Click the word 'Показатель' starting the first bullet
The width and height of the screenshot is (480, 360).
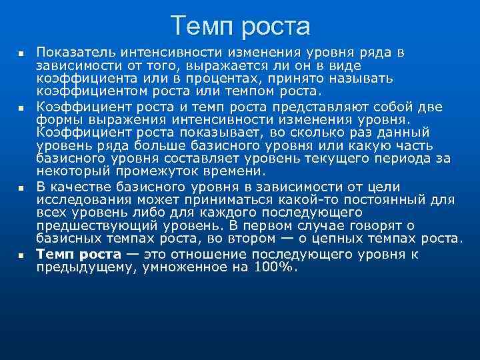72,52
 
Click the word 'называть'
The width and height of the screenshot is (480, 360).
361,78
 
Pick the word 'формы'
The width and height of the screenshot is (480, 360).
57,120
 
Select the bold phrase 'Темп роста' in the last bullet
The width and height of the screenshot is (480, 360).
79,254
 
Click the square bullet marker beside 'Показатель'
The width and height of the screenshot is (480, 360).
21,53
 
